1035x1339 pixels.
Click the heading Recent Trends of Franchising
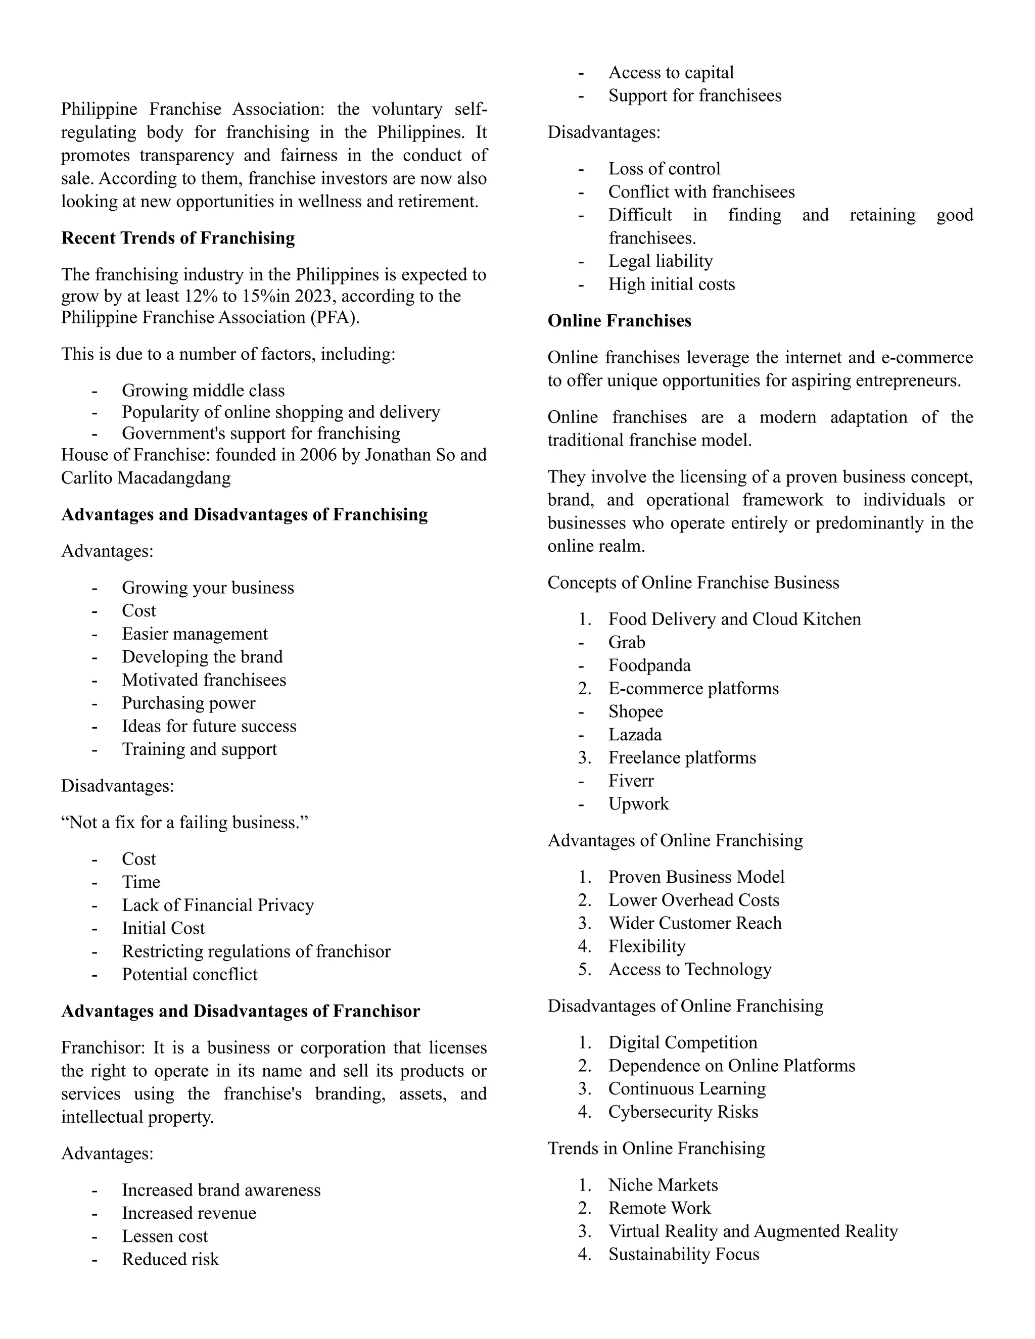click(x=178, y=238)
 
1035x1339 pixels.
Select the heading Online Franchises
click(x=619, y=321)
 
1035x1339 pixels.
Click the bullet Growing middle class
click(x=203, y=391)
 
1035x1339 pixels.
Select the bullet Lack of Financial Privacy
click(x=218, y=905)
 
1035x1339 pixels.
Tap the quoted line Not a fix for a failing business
click(x=184, y=822)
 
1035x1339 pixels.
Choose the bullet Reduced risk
click(x=170, y=1259)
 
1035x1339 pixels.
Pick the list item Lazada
click(x=635, y=735)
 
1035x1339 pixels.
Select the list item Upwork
click(x=638, y=804)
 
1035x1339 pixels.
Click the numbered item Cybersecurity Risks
click(x=683, y=1112)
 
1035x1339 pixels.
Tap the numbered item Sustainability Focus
click(x=683, y=1255)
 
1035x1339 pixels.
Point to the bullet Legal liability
click(x=661, y=261)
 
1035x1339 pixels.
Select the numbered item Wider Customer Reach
click(x=695, y=923)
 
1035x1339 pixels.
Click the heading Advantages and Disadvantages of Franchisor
click(x=241, y=1011)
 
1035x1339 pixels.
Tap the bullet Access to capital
click(x=671, y=73)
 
